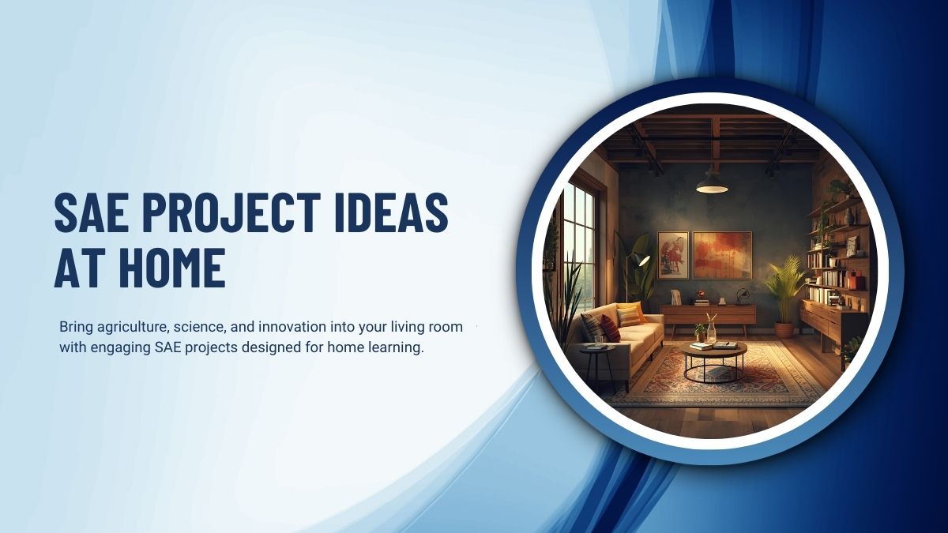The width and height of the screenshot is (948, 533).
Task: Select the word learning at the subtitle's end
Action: [398, 347]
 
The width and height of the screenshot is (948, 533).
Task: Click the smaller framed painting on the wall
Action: [673, 254]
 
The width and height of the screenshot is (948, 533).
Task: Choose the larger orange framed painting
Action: [722, 254]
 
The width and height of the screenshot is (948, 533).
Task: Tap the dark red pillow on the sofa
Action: [610, 327]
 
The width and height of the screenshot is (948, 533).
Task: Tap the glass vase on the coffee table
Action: [711, 330]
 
